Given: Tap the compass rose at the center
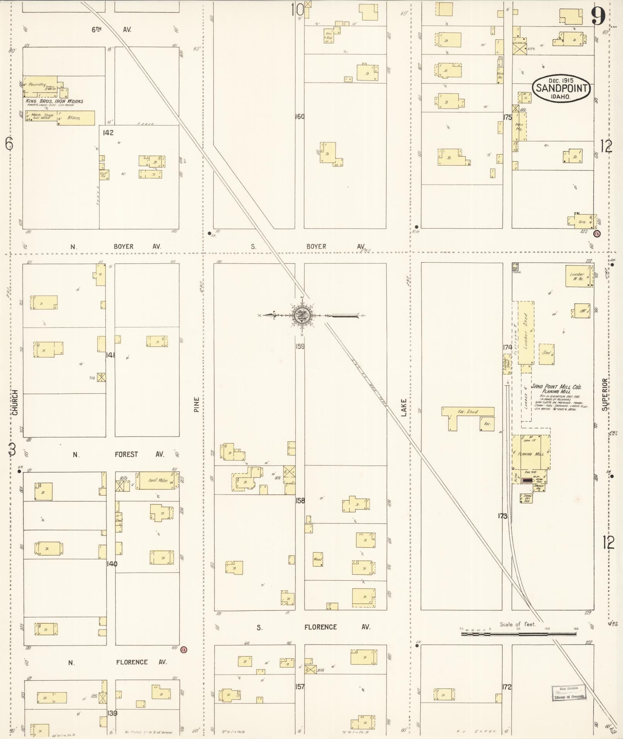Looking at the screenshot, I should (x=300, y=316).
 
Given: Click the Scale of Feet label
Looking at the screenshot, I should (x=518, y=624).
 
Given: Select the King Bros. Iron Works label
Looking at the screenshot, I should (x=54, y=101).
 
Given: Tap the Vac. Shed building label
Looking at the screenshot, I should (x=468, y=411).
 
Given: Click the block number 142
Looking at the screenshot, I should (x=108, y=133).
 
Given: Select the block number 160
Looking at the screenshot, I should (x=300, y=116).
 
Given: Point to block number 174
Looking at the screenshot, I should (x=507, y=347).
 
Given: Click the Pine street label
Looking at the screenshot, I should (x=196, y=404).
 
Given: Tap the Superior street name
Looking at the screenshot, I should (x=604, y=394).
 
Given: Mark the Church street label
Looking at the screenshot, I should (x=15, y=402).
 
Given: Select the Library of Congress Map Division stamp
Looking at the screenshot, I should (x=569, y=693).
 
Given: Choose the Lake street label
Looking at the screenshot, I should (x=404, y=408).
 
